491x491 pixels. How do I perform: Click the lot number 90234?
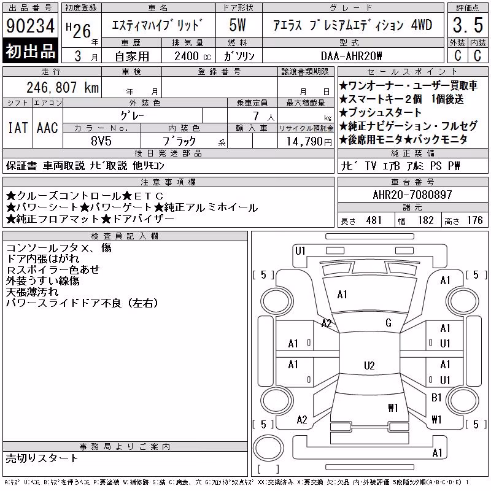30,25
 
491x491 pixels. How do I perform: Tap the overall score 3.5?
468,25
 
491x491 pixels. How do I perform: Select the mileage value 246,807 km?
63,87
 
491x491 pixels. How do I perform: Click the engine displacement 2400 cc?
192,56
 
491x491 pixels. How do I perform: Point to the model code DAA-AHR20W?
351,56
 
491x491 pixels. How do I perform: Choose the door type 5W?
238,25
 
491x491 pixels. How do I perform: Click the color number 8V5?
101,141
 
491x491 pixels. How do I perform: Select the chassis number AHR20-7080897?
412,195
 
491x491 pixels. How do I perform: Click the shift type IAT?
18,128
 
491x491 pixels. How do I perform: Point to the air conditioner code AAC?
47,128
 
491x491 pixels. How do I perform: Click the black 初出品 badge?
30,51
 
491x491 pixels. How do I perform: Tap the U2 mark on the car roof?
369,366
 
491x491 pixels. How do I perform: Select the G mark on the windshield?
389,323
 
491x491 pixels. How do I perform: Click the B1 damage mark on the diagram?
436,397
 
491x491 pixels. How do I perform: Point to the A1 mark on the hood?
342,295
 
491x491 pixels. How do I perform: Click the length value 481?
374,220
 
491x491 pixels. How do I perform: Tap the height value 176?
474,220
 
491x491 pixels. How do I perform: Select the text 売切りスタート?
42,458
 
